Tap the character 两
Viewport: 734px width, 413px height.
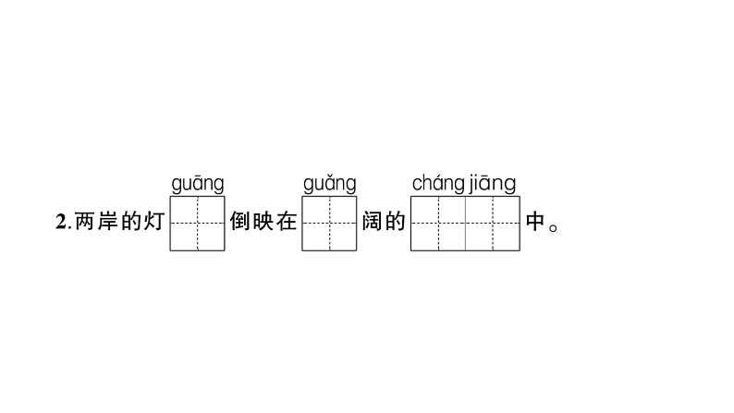pyautogui.click(x=84, y=223)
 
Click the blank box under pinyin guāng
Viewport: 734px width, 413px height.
pyautogui.click(x=197, y=223)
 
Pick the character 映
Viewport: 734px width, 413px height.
pyautogui.click(x=263, y=223)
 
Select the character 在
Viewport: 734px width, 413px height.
pyautogui.click(x=287, y=223)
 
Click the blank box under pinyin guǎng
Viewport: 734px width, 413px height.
pyautogui.click(x=329, y=223)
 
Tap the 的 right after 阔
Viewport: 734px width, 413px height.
pyautogui.click(x=395, y=223)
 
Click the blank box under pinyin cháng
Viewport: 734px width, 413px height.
pyautogui.click(x=437, y=223)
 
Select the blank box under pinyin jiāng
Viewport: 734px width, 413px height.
pyautogui.click(x=493, y=223)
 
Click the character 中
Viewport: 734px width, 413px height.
pyautogui.click(x=535, y=223)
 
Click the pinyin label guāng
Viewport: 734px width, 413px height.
pyautogui.click(x=197, y=184)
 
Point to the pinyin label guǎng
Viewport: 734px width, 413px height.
pyautogui.click(x=329, y=184)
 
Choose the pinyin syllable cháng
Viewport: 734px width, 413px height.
pyautogui.click(x=438, y=183)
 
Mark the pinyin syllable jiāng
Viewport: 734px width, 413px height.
pyautogui.click(x=493, y=183)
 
